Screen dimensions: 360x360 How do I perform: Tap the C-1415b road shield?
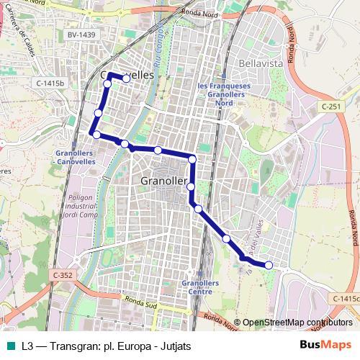[x=50, y=84]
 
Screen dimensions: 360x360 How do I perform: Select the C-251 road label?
[x=331, y=106]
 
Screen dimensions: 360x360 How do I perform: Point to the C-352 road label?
[x=63, y=274]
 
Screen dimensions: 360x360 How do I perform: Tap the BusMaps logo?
[x=325, y=346]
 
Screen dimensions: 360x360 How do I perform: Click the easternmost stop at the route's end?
[x=269, y=265]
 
